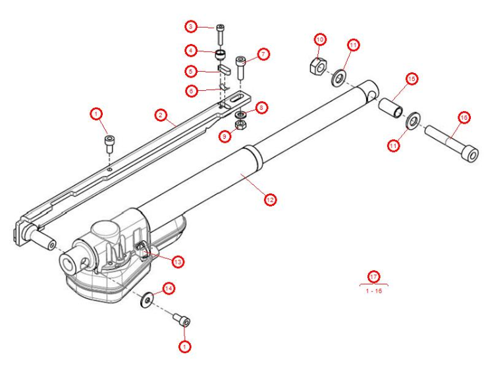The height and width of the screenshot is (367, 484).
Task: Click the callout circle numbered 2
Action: (159, 115)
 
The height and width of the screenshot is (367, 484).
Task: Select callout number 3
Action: (191, 27)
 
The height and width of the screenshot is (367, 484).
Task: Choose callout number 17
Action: (373, 276)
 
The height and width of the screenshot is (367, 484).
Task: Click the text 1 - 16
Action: (373, 290)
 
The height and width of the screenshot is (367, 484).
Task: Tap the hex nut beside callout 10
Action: (315, 65)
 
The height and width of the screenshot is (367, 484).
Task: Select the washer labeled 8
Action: (241, 115)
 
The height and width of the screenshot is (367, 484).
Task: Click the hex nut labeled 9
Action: (241, 124)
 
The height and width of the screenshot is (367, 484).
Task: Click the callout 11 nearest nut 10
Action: (353, 45)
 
